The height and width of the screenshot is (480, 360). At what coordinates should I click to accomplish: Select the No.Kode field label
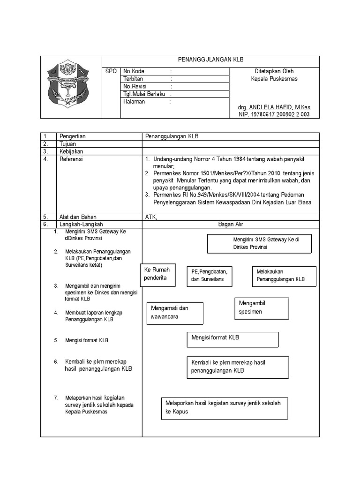pyautogui.click(x=134, y=71)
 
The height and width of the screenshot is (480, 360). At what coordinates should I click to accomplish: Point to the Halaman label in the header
pyautogui.click(x=134, y=101)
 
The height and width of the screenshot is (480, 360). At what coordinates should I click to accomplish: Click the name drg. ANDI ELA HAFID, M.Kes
pyautogui.click(x=274, y=107)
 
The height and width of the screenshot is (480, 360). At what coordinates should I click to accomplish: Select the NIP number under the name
pyautogui.click(x=274, y=114)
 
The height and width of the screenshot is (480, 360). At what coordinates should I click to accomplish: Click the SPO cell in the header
pyautogui.click(x=111, y=71)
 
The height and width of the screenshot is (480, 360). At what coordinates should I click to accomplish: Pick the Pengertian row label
pyautogui.click(x=72, y=136)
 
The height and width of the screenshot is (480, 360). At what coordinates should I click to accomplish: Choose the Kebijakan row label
pyautogui.click(x=71, y=151)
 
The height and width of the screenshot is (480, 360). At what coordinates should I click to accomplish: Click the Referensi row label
pyautogui.click(x=71, y=159)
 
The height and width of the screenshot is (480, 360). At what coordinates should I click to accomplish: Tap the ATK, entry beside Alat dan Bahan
pyautogui.click(x=152, y=217)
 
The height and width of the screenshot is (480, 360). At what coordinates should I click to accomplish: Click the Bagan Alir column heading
pyautogui.click(x=231, y=225)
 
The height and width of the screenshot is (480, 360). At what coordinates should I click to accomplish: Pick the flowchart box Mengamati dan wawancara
pyautogui.click(x=175, y=313)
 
